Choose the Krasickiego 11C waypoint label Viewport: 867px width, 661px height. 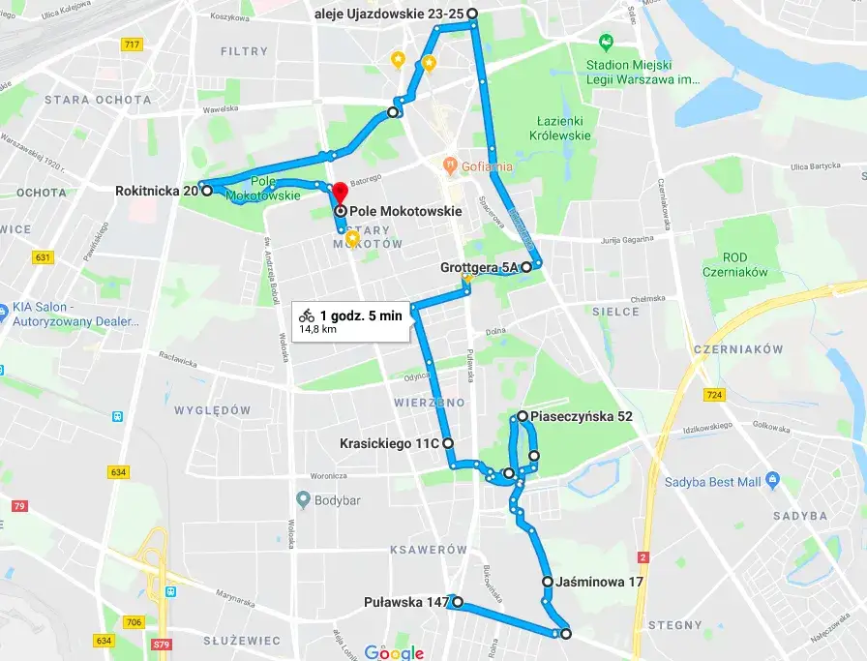(x=389, y=443)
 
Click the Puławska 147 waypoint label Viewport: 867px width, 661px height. (x=406, y=603)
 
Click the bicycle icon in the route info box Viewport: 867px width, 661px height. (x=307, y=315)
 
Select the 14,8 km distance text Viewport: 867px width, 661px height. (x=317, y=329)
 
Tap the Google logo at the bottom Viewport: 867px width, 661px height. (x=394, y=652)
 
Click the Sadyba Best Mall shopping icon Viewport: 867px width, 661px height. (x=772, y=480)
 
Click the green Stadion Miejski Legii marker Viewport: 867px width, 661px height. (x=606, y=43)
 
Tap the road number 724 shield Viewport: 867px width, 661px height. (x=715, y=395)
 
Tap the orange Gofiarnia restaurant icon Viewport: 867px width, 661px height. (x=448, y=165)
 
